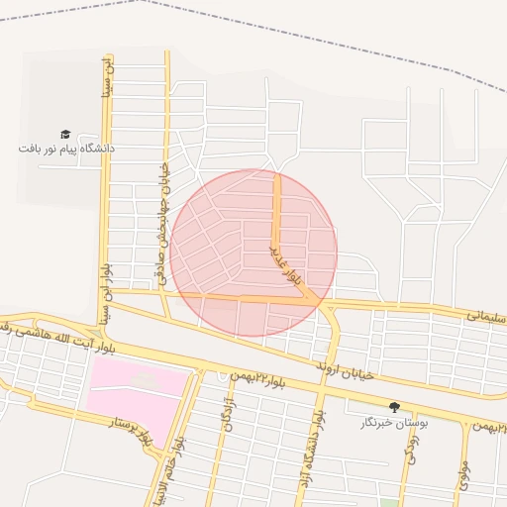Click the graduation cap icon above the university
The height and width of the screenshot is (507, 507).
65,134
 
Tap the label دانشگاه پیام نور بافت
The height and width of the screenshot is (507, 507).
66,149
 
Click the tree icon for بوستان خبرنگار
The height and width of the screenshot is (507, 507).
394,407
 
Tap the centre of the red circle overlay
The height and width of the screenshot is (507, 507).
253,253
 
